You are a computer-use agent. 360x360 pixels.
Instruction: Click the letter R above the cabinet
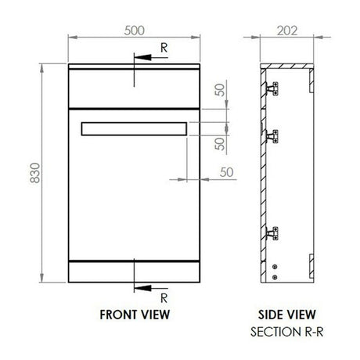162,48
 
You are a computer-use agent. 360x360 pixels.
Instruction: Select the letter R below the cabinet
162,298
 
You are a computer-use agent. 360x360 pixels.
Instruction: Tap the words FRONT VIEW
135,314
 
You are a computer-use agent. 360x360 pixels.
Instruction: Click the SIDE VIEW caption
289,314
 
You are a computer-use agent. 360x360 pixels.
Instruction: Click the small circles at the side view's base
275,271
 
